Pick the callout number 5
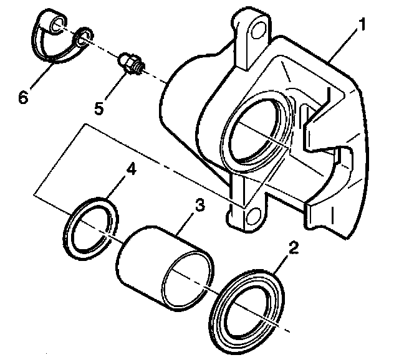pos(99,107)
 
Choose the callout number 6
pos(23,98)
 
